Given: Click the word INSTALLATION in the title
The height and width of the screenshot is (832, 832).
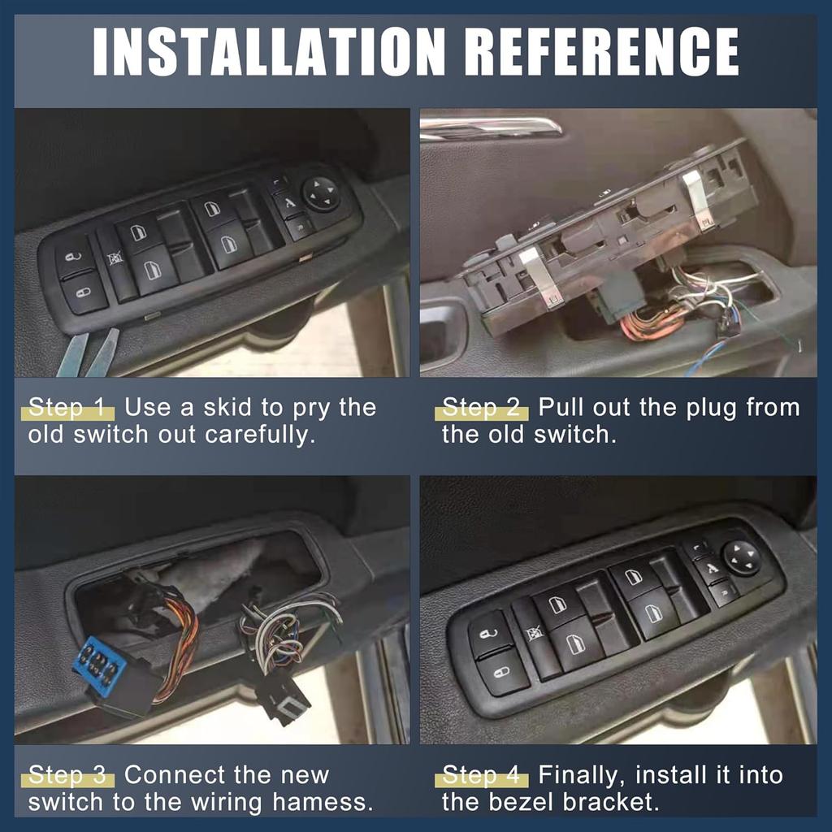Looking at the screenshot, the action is pyautogui.click(x=269, y=51).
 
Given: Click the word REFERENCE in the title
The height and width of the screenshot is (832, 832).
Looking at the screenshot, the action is pyautogui.click(x=604, y=51).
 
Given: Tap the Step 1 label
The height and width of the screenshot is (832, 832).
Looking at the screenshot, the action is pyautogui.click(x=67, y=408).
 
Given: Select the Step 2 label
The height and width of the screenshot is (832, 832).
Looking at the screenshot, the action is pyautogui.click(x=481, y=408).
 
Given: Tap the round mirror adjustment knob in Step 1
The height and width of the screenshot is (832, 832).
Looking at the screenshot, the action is pyautogui.click(x=321, y=193).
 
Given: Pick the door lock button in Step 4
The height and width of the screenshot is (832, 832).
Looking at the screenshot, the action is pyautogui.click(x=502, y=672).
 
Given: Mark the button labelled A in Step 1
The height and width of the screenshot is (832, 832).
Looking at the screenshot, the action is pyautogui.click(x=288, y=204).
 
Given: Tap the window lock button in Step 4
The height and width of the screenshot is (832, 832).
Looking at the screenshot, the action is pyautogui.click(x=536, y=635).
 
